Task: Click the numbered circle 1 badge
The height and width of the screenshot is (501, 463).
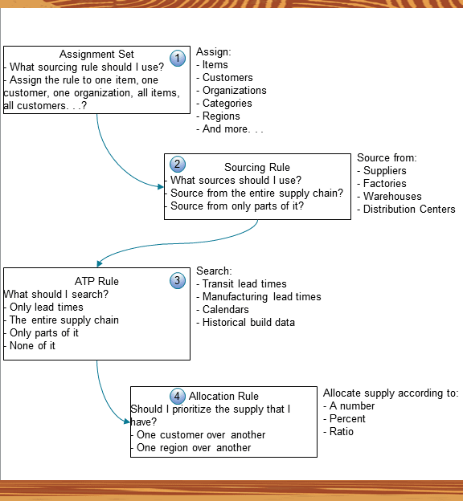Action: tap(178, 58)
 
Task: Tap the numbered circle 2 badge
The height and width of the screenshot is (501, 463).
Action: tap(178, 165)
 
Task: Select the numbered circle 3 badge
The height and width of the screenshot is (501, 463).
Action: tap(178, 280)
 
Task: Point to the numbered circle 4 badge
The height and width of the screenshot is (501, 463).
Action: tap(178, 396)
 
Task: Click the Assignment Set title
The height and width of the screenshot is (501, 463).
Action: tap(97, 55)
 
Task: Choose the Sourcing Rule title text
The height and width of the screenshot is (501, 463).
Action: tap(256, 168)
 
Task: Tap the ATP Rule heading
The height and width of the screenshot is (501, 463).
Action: tap(96, 282)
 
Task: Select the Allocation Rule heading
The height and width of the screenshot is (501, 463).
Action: tap(223, 397)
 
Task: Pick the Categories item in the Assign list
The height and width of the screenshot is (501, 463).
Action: tap(227, 104)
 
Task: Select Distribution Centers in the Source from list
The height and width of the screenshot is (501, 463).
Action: tap(409, 210)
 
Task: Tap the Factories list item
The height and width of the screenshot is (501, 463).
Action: tap(384, 184)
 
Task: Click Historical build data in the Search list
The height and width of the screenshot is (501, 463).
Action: tap(248, 323)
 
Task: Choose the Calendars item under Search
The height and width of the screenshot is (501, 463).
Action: tap(225, 310)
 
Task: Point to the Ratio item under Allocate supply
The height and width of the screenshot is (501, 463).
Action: tap(341, 432)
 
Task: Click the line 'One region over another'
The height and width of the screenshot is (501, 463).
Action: tap(193, 448)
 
